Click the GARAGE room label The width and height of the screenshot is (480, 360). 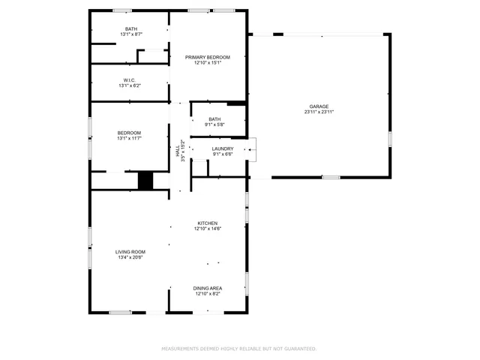319,106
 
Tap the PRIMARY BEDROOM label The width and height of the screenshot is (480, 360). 208,57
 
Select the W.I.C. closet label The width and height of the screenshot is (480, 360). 129,79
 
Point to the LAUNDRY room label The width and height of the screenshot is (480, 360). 223,148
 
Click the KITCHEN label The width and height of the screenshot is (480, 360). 207,223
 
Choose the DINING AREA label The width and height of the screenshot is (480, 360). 207,288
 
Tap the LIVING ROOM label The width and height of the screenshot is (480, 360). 130,251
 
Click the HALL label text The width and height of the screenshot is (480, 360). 178,151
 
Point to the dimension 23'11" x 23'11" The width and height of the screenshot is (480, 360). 319,112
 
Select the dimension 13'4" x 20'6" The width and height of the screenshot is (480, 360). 130,257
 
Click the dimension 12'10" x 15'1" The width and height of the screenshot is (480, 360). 208,63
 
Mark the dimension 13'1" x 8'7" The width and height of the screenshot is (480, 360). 131,34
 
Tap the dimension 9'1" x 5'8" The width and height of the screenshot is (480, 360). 215,124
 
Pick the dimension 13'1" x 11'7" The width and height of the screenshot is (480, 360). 129,138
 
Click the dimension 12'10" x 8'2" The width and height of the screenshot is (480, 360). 207,294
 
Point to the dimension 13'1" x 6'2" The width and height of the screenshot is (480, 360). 129,85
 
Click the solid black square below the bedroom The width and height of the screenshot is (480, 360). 145,181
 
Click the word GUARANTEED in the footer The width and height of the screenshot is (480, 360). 300,349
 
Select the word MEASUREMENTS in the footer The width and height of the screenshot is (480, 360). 181,349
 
